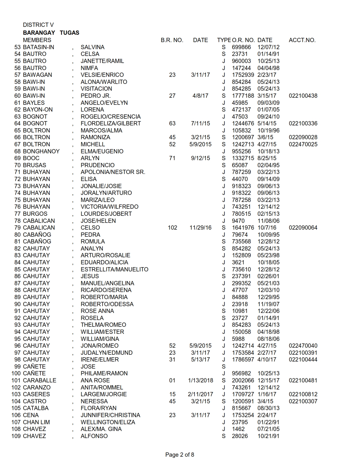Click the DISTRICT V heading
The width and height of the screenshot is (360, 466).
[38, 25]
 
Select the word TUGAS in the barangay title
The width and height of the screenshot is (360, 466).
[69, 33]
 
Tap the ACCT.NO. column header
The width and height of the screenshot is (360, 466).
[302, 40]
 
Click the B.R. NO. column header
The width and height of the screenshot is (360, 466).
[172, 40]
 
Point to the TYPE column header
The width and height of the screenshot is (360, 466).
[224, 40]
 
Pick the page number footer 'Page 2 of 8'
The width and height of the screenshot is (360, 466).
[180, 455]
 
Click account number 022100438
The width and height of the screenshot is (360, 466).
[303, 96]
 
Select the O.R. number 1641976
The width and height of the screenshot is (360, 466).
[243, 228]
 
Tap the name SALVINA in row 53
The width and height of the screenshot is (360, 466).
[92, 47]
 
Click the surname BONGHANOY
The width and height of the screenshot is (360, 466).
[41, 151]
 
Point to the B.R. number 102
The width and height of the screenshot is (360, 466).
[172, 228]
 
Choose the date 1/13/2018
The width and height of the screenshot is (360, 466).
[200, 380]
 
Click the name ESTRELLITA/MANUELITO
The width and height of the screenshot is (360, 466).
[114, 269]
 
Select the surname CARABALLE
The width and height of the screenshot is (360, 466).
[40, 380]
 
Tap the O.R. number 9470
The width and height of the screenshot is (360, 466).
[238, 221]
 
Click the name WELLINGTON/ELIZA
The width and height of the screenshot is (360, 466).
[108, 422]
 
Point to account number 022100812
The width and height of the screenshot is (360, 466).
[303, 394]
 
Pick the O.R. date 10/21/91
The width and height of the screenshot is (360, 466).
[268, 436]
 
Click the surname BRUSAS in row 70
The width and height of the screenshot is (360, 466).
[34, 165]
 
